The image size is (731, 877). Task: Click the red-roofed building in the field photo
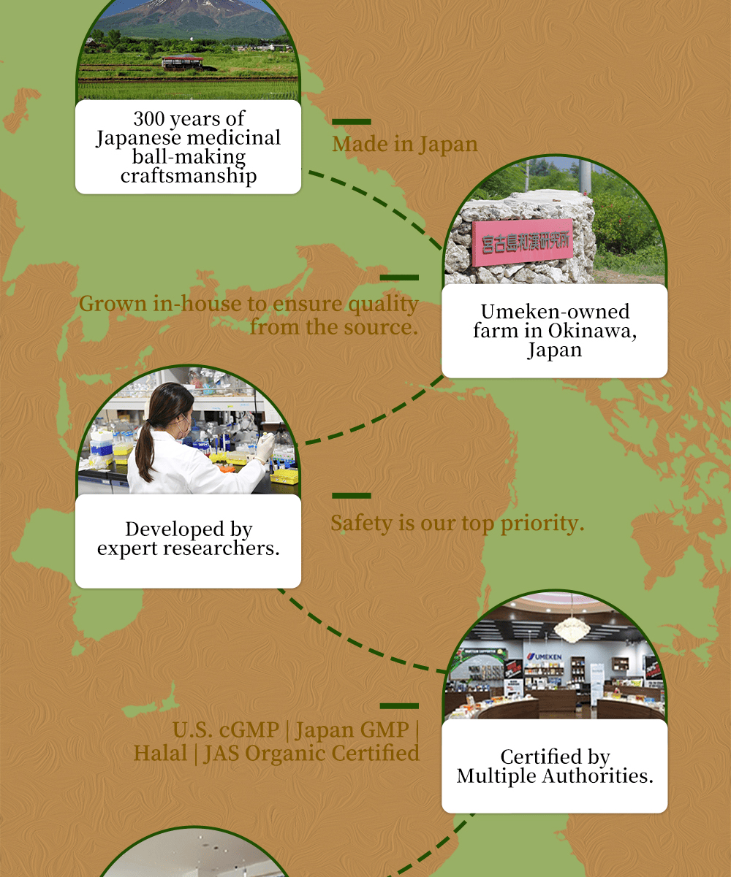(183, 62)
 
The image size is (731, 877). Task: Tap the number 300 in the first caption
(148, 118)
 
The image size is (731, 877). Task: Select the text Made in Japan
(405, 144)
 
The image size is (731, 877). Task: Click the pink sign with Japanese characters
(523, 242)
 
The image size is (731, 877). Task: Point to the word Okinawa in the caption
(592, 331)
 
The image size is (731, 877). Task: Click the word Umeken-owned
(555, 312)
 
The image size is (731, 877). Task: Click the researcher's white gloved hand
(265, 448)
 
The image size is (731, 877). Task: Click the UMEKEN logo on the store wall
(545, 656)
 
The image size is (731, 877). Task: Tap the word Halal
(160, 753)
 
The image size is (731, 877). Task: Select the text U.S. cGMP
(225, 729)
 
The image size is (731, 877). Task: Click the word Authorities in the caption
(597, 775)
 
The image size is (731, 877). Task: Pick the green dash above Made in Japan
(351, 122)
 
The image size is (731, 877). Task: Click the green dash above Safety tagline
(351, 496)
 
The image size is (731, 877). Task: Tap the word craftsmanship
(189, 175)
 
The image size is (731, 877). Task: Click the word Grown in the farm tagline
(113, 304)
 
